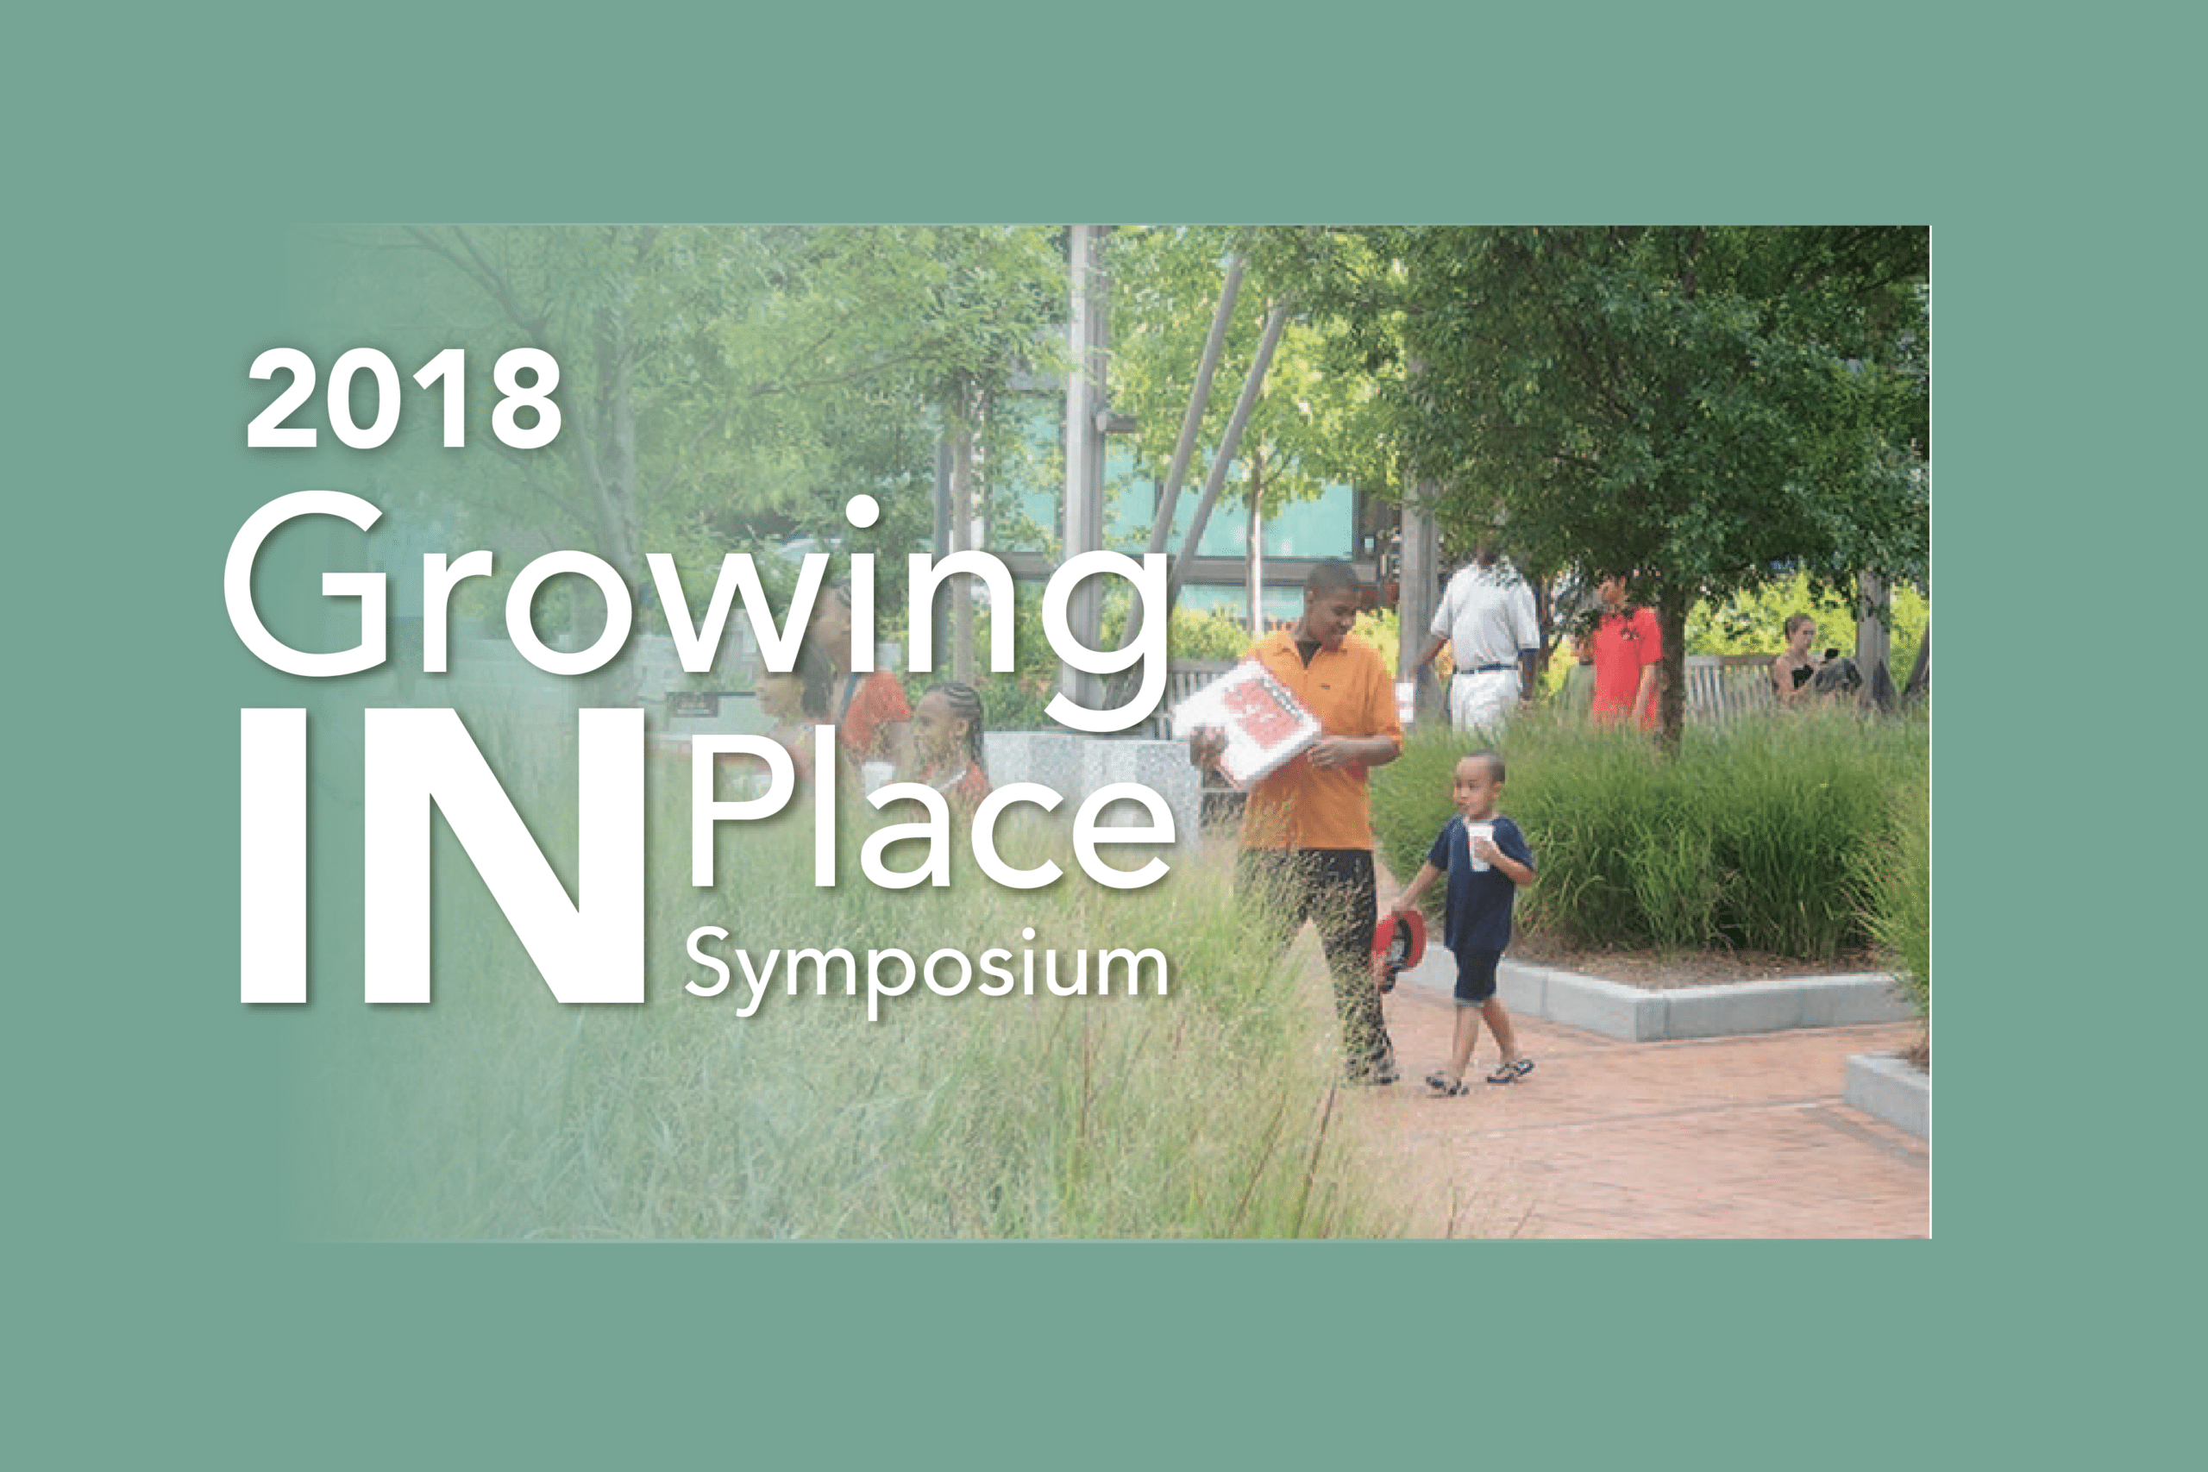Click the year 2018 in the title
pyautogui.click(x=404, y=398)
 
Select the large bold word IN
pyautogui.click(x=442, y=856)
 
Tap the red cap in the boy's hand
pyautogui.click(x=1399, y=949)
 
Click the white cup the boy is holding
pyautogui.click(x=1479, y=846)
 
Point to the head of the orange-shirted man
pyautogui.click(x=1331, y=597)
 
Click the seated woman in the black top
pyautogui.click(x=1798, y=661)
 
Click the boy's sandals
pyautogui.click(x=1479, y=1076)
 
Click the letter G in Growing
pyautogui.click(x=306, y=583)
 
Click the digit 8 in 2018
pyautogui.click(x=527, y=399)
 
